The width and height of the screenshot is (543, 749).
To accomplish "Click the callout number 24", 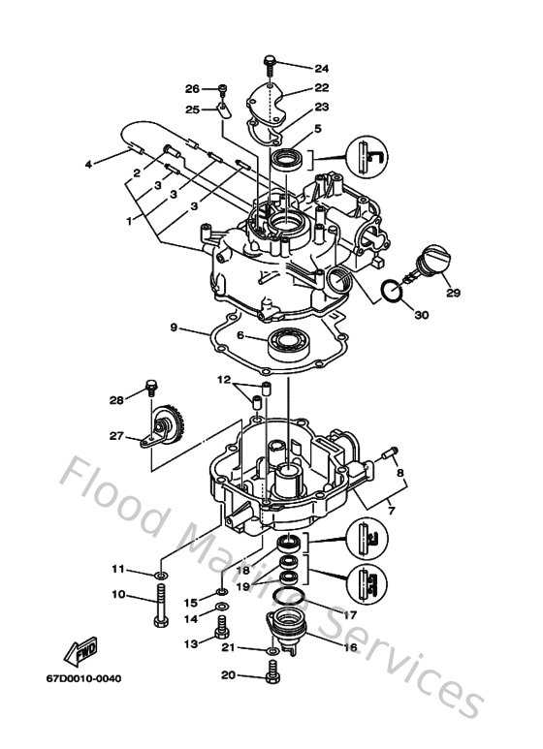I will click(x=322, y=69).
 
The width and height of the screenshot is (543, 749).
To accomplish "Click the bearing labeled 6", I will click(x=288, y=342).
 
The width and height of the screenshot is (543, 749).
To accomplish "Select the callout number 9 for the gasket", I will click(x=175, y=328).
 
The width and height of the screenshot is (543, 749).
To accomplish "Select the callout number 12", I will click(x=223, y=378).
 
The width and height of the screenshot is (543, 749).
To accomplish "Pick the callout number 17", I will click(x=352, y=614).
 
